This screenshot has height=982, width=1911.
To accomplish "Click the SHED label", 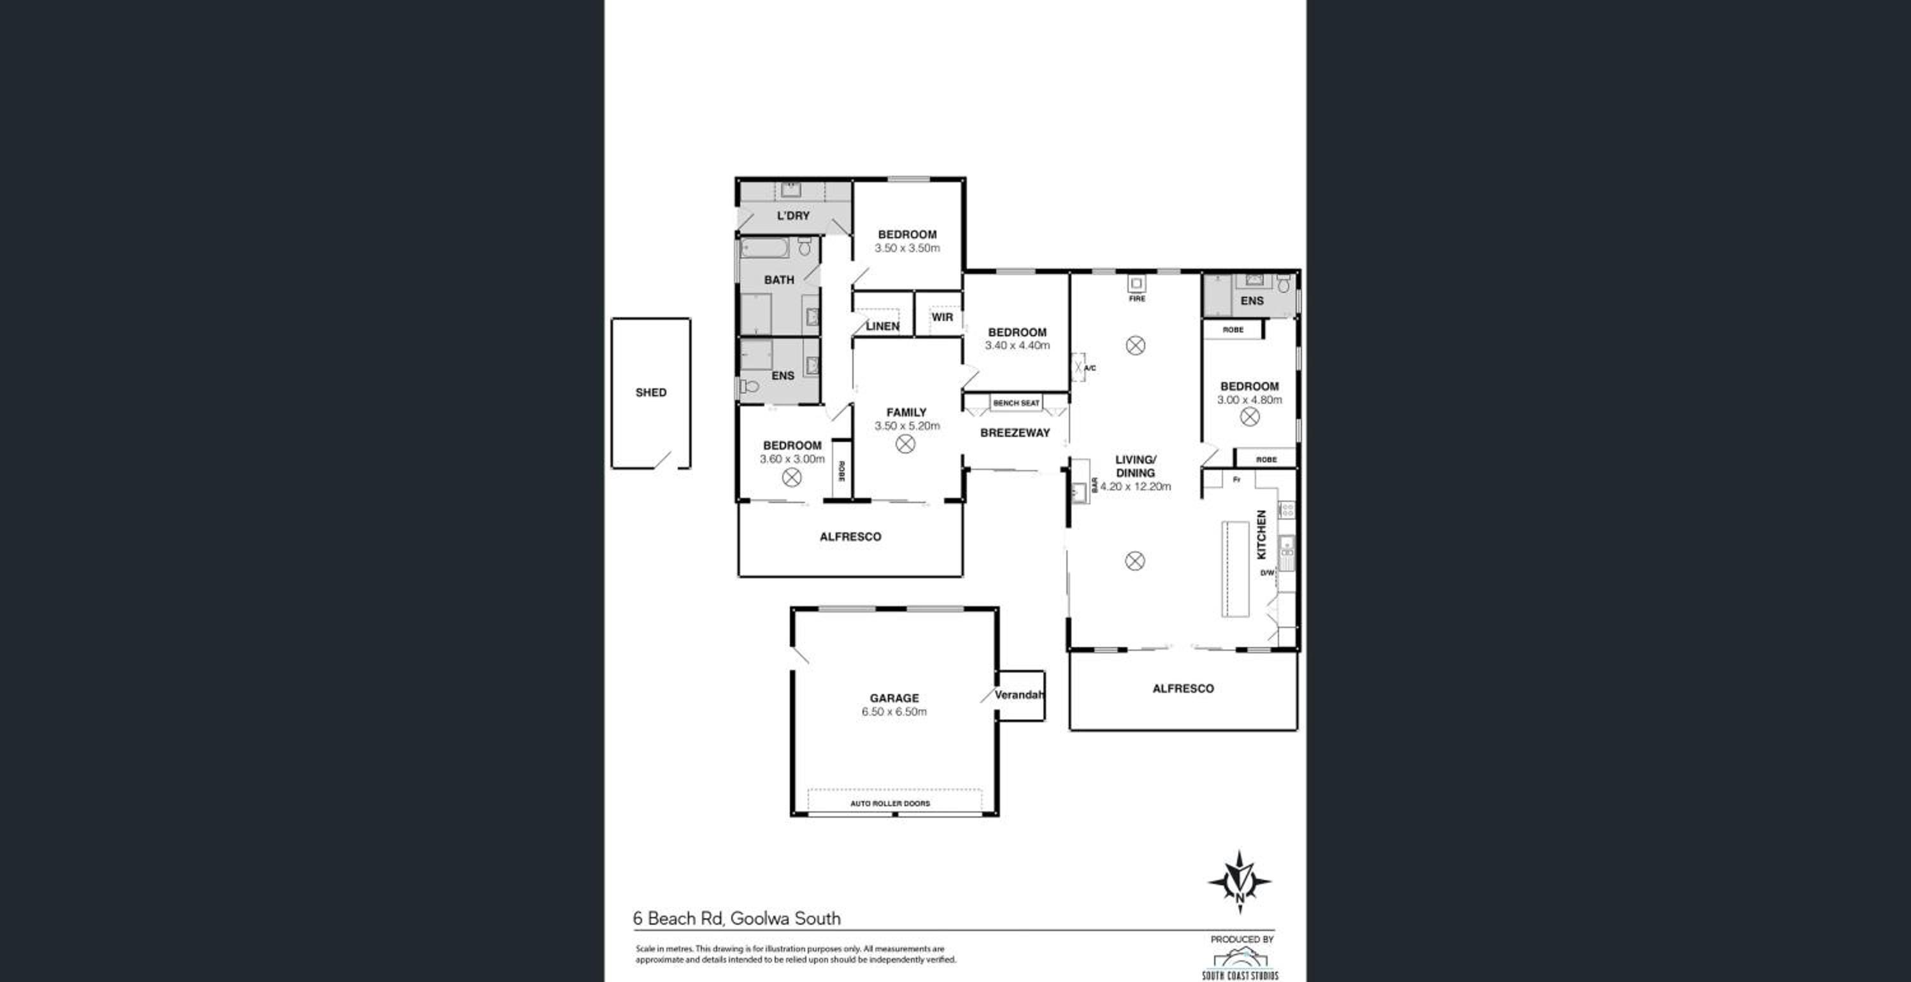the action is [650, 392].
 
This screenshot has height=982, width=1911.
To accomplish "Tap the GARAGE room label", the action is [894, 698].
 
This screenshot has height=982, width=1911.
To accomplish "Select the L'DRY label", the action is [793, 216].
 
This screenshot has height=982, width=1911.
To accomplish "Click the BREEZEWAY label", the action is [1015, 432].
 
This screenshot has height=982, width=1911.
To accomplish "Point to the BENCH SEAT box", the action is [1015, 402].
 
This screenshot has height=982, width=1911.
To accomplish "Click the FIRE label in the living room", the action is [1136, 298].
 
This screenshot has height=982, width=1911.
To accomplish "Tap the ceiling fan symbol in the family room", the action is [905, 445].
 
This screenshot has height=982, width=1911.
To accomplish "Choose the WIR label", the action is [942, 317].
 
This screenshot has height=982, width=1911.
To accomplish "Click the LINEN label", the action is [882, 325].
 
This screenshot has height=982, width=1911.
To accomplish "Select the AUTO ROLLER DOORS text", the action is [889, 803].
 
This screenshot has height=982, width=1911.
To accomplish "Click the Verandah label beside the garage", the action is [1019, 694].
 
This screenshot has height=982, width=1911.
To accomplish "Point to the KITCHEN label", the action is [1261, 534].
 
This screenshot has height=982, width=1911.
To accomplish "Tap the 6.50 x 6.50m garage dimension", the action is [894, 711].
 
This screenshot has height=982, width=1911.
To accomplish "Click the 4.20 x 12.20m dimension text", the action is [1135, 487].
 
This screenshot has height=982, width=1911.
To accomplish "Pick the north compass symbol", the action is [1240, 881].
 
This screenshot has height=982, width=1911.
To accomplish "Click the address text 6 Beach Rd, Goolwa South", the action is [736, 918].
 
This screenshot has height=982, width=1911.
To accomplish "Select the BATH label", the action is [779, 280].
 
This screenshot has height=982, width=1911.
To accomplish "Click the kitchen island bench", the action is [1235, 569].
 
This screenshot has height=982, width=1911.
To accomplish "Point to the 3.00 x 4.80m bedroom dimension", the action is [1249, 399].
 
